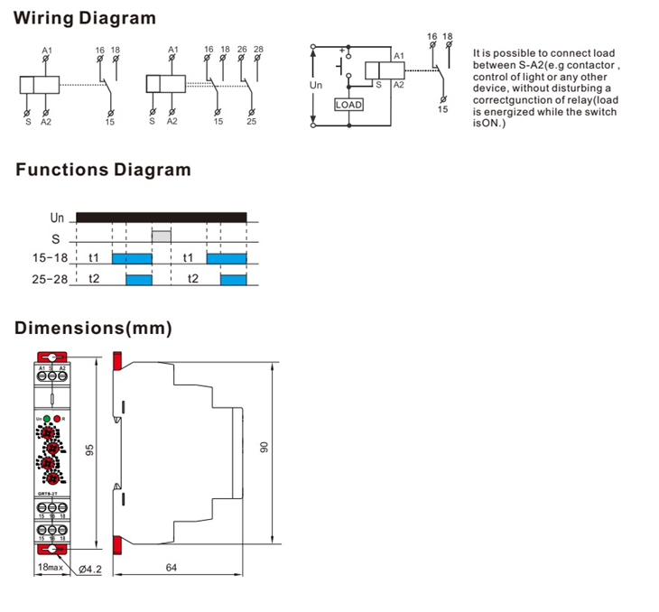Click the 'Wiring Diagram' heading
tap(86, 18)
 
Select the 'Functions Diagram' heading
tap(103, 169)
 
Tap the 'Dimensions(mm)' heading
tap(93, 327)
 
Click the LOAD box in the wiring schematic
tap(348, 105)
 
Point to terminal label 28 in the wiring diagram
tap(258, 49)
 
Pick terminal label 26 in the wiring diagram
tap(242, 49)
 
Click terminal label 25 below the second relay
tap(251, 120)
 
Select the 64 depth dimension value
tap(172, 568)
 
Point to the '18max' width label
tap(50, 568)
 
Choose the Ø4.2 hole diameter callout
tap(89, 569)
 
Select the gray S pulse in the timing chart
tap(162, 237)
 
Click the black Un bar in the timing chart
tap(162, 217)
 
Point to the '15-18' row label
tap(51, 258)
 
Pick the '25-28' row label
tap(51, 280)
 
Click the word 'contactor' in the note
tap(593, 66)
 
